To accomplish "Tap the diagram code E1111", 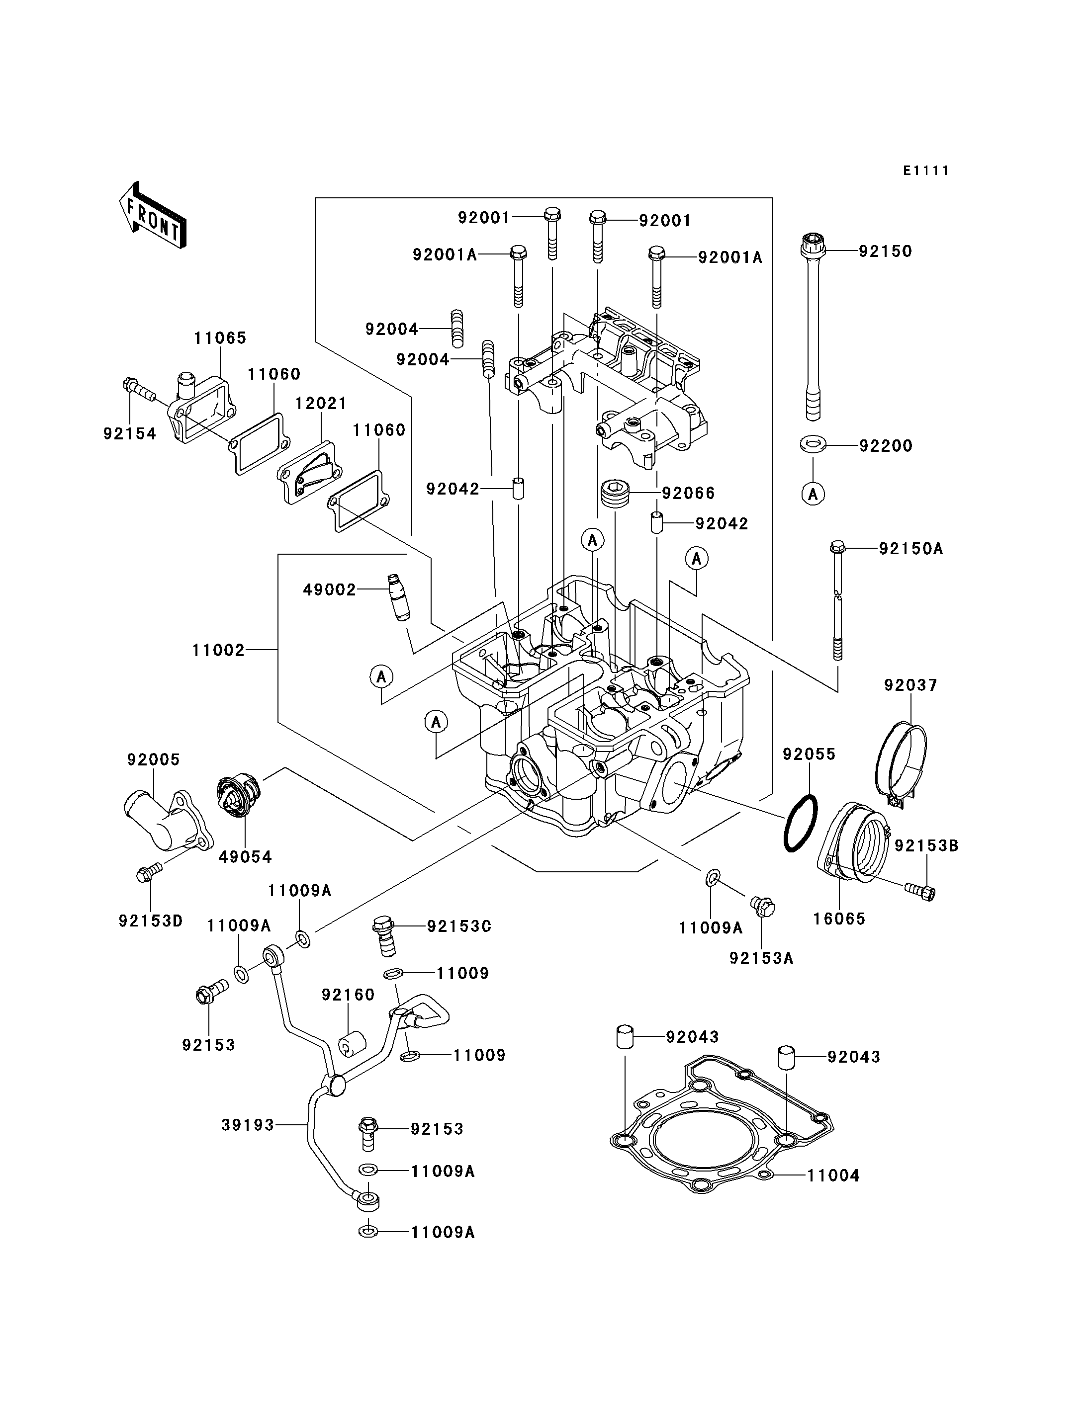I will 926,170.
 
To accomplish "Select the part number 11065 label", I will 220,338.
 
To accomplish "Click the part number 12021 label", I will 321,404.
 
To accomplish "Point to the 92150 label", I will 885,251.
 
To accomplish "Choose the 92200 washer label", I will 886,446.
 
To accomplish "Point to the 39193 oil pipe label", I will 248,1125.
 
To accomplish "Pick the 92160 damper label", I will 349,995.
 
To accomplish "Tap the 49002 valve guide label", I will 330,589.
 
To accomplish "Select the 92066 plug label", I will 688,494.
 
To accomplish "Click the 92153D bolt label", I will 151,921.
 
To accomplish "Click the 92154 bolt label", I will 130,434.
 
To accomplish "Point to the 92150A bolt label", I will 910,549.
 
